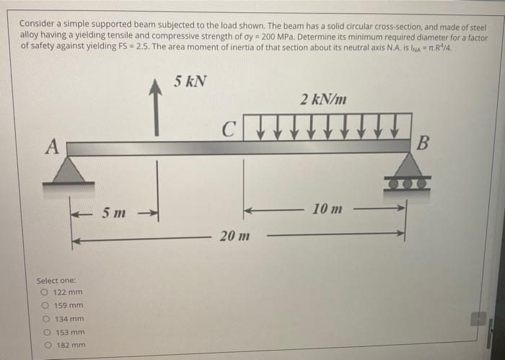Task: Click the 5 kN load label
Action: point(190,81)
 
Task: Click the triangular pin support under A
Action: point(68,171)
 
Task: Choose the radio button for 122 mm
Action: point(45,292)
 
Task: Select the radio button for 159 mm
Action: point(45,305)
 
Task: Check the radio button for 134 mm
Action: point(45,318)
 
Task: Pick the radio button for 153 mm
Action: point(45,332)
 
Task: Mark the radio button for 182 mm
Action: point(45,345)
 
